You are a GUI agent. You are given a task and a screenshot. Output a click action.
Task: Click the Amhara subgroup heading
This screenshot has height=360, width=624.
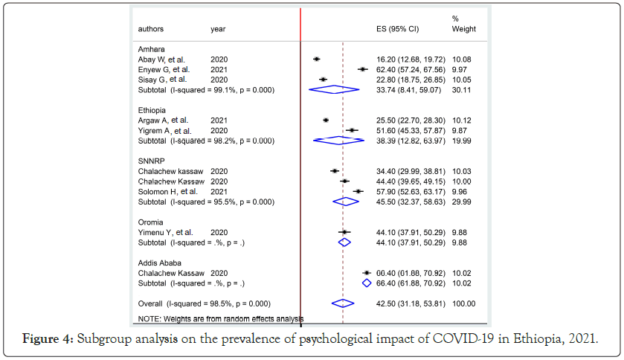pyautogui.click(x=151, y=48)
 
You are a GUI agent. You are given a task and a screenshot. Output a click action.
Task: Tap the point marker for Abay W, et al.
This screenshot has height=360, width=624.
pyautogui.click(x=317, y=59)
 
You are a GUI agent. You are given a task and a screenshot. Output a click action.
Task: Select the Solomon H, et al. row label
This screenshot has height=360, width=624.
pyautogui.click(x=168, y=192)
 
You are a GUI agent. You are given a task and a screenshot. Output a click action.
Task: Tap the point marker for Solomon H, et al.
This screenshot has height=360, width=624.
pyautogui.click(x=358, y=192)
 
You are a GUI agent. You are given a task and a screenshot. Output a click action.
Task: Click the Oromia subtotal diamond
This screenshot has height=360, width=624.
pyautogui.click(x=344, y=242)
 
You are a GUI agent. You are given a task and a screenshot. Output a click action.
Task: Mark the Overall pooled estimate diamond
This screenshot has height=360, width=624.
pyautogui.click(x=343, y=303)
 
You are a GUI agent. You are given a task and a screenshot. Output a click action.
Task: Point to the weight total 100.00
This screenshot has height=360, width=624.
pyautogui.click(x=464, y=303)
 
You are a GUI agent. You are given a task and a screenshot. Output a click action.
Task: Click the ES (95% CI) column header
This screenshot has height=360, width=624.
pyautogui.click(x=399, y=29)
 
